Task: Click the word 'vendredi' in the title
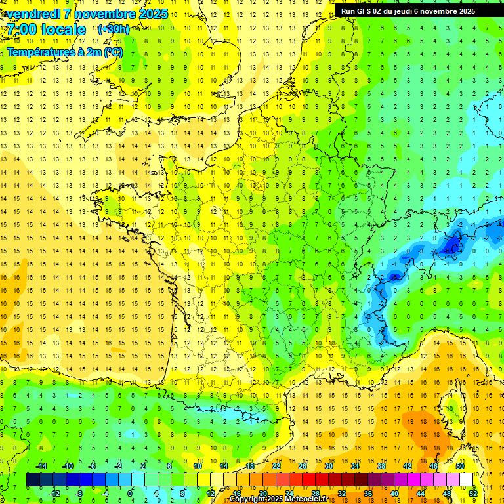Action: [x=31, y=14]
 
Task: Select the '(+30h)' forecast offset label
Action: [x=113, y=30]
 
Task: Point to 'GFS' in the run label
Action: [x=368, y=11]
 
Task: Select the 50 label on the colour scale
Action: [x=459, y=466]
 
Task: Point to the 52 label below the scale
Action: [x=472, y=493]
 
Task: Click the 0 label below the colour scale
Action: [x=130, y=493]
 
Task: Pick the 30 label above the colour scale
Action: [x=328, y=466]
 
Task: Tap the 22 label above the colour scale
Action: [x=276, y=466]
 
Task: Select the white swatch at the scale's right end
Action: [x=466, y=479]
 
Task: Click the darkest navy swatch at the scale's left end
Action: [x=33, y=479]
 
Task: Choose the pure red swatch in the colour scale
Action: [x=308, y=479]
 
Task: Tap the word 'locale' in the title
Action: [x=64, y=30]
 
